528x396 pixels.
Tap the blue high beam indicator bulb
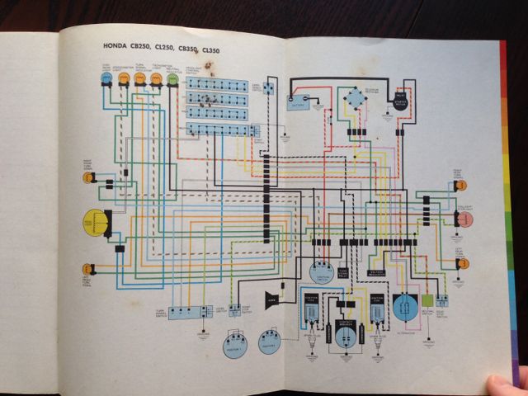(106, 78)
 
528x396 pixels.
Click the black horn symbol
(272, 299)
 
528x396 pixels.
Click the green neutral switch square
(427, 303)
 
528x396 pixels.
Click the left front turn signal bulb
(86, 267)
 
